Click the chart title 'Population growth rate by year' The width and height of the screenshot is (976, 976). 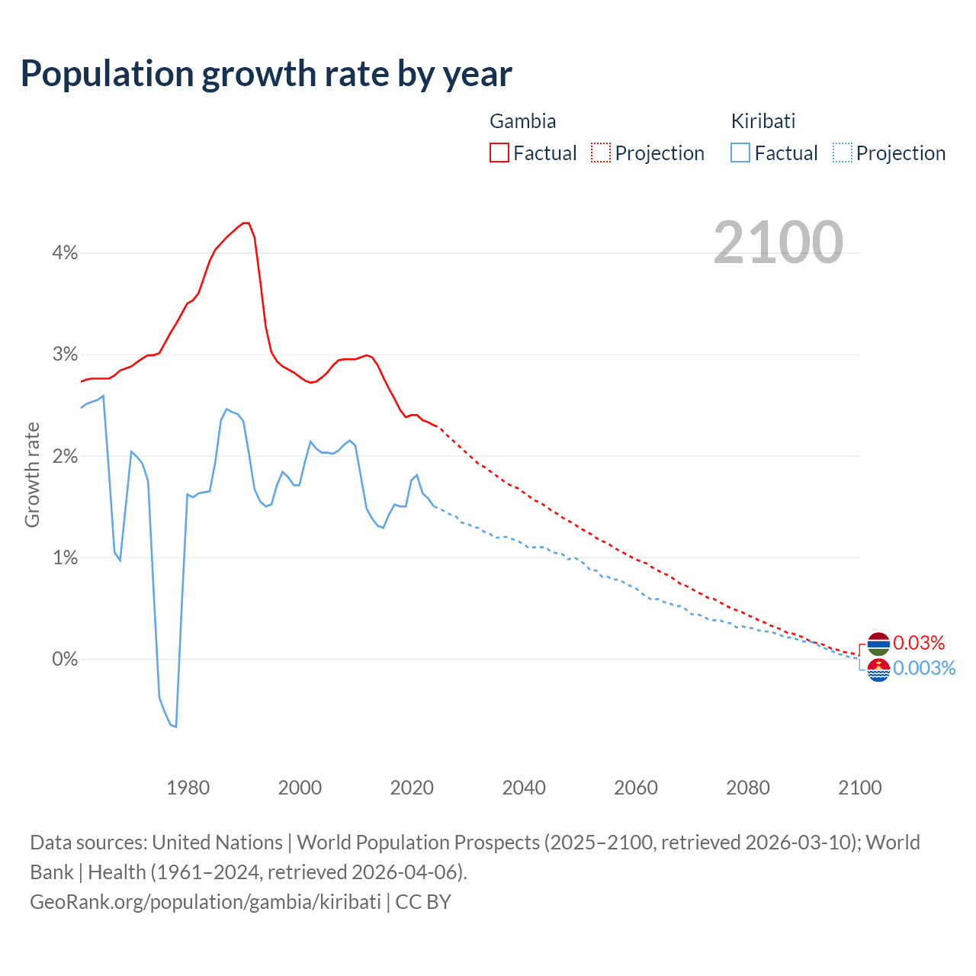tap(266, 74)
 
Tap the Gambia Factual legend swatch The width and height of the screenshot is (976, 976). tap(499, 152)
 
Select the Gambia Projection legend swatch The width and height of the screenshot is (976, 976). tap(601, 152)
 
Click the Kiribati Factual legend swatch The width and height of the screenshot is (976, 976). tap(740, 152)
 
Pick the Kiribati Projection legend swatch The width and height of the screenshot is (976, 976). tap(842, 152)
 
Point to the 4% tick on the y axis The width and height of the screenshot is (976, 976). tap(65, 253)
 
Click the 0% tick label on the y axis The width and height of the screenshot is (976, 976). tap(65, 660)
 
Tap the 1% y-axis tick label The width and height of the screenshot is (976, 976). tap(65, 558)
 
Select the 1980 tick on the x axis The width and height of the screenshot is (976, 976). tap(188, 788)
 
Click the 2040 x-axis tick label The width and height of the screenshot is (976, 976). tap(524, 788)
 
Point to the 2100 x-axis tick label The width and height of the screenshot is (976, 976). tap(859, 788)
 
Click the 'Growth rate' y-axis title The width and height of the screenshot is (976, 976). tap(32, 474)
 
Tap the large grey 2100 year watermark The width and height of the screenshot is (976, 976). tap(778, 242)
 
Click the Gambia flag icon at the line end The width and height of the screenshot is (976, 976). tap(878, 644)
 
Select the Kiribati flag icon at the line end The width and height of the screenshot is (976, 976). tap(878, 669)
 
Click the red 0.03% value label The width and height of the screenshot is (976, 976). tap(919, 643)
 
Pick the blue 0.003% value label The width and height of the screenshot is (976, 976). tap(923, 669)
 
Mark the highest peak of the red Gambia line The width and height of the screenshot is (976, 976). tap(246, 223)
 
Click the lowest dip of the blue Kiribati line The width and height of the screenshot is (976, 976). tap(175, 727)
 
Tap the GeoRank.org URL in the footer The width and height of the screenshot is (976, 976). tap(205, 902)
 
